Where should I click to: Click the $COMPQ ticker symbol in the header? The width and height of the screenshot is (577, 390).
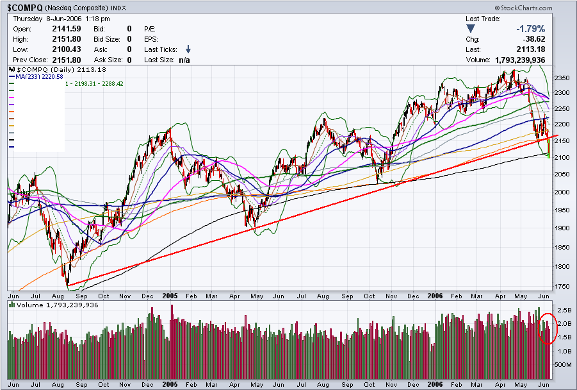(25, 8)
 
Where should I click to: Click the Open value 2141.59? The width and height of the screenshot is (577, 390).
(67, 29)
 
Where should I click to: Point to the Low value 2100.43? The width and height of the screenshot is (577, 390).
(67, 49)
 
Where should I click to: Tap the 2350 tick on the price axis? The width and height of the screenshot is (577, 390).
(562, 78)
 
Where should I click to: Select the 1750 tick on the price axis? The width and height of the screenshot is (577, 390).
(562, 287)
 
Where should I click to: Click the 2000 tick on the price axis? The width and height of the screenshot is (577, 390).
(562, 192)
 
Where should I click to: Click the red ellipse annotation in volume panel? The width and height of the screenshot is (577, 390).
(548, 328)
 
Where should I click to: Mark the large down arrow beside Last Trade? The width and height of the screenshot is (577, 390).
(471, 29)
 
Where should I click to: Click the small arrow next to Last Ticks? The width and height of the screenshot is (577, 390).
(188, 49)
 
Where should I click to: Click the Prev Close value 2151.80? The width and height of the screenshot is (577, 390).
(67, 60)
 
